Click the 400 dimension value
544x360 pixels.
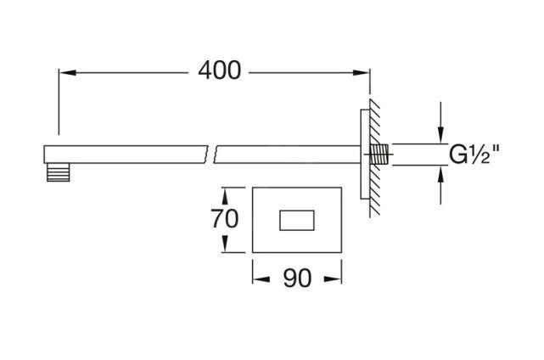(x=219, y=71)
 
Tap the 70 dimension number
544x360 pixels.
(x=224, y=219)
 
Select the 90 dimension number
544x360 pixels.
(x=297, y=278)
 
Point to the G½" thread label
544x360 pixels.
(x=474, y=155)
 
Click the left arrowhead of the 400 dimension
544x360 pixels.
(x=64, y=72)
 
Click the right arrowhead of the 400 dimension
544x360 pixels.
(x=364, y=72)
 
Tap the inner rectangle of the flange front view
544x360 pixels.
(x=297, y=219)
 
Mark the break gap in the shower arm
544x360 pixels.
(x=212, y=154)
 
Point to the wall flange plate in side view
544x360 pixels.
(x=366, y=155)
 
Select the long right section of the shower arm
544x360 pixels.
(x=289, y=154)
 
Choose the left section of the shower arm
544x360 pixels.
(x=127, y=154)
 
